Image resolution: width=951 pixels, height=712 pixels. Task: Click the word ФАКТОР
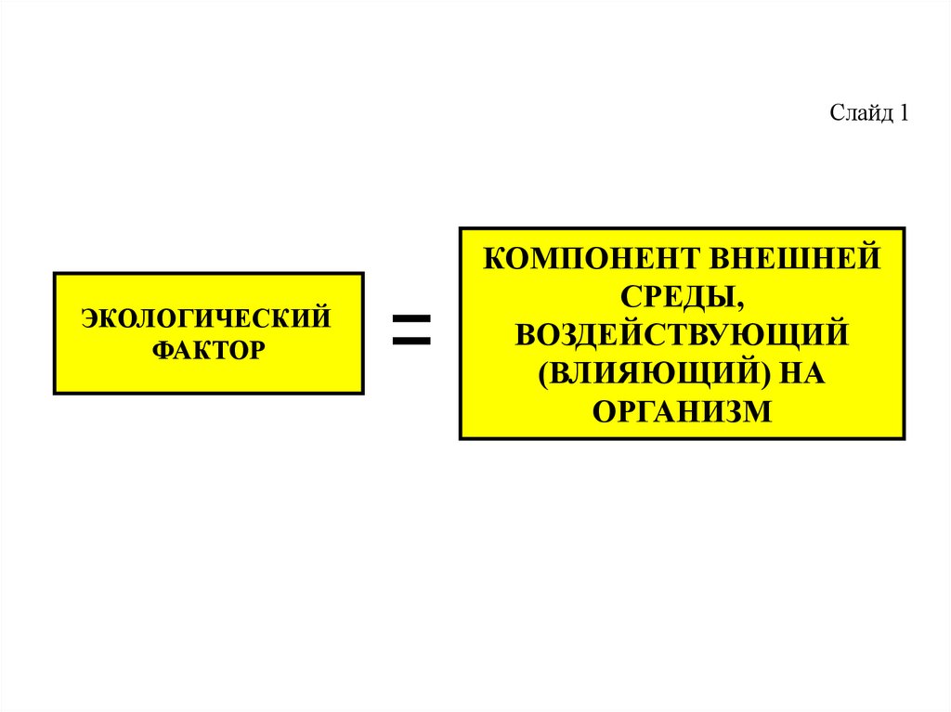(x=208, y=350)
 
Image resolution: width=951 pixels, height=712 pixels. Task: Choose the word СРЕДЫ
(x=676, y=295)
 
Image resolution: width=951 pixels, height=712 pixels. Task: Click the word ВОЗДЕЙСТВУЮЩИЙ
(x=681, y=333)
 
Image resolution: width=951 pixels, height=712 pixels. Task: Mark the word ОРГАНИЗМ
(x=682, y=409)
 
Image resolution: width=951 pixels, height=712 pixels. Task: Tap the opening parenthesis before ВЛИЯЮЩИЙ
(x=541, y=372)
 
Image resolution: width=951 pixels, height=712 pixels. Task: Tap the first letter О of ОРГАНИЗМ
(x=604, y=409)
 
